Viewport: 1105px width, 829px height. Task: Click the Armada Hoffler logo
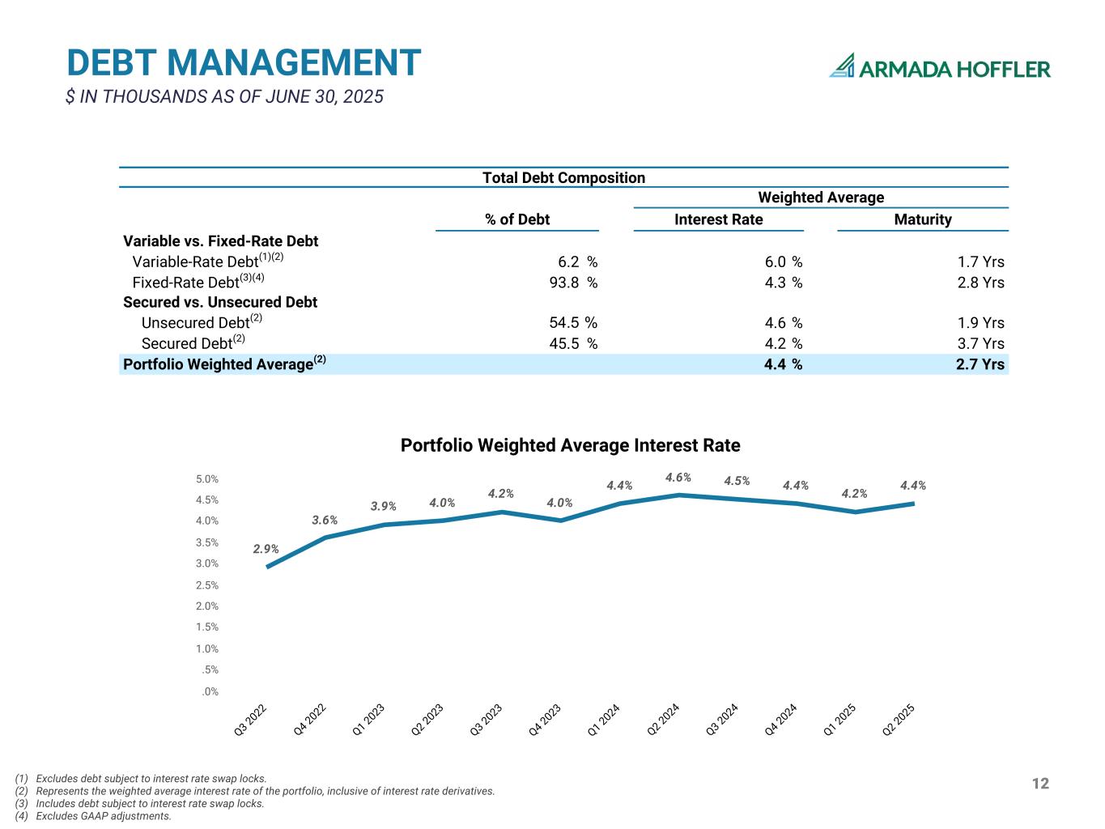pyautogui.click(x=939, y=67)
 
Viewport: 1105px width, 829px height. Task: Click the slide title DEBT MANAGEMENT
pyautogui.click(x=244, y=63)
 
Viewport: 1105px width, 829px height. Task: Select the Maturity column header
pyautogui.click(x=922, y=219)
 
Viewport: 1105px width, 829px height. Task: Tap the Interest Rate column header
pyautogui.click(x=718, y=219)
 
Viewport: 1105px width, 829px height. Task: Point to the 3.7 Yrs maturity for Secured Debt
pyautogui.click(x=980, y=343)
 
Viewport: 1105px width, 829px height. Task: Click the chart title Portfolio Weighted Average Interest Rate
pyautogui.click(x=570, y=445)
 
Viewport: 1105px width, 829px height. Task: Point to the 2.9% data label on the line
pyautogui.click(x=266, y=549)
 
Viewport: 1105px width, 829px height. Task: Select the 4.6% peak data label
pyautogui.click(x=678, y=478)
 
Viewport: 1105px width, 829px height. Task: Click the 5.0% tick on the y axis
pyautogui.click(x=207, y=479)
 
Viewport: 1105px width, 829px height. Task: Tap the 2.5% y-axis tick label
pyautogui.click(x=207, y=585)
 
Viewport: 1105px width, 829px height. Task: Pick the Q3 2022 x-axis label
pyautogui.click(x=251, y=720)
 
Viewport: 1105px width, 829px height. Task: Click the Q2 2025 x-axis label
pyautogui.click(x=899, y=720)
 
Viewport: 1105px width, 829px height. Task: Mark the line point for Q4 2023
pyautogui.click(x=561, y=521)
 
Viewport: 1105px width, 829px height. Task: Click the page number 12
pyautogui.click(x=1040, y=783)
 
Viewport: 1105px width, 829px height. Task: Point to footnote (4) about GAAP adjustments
pyautogui.click(x=94, y=816)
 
